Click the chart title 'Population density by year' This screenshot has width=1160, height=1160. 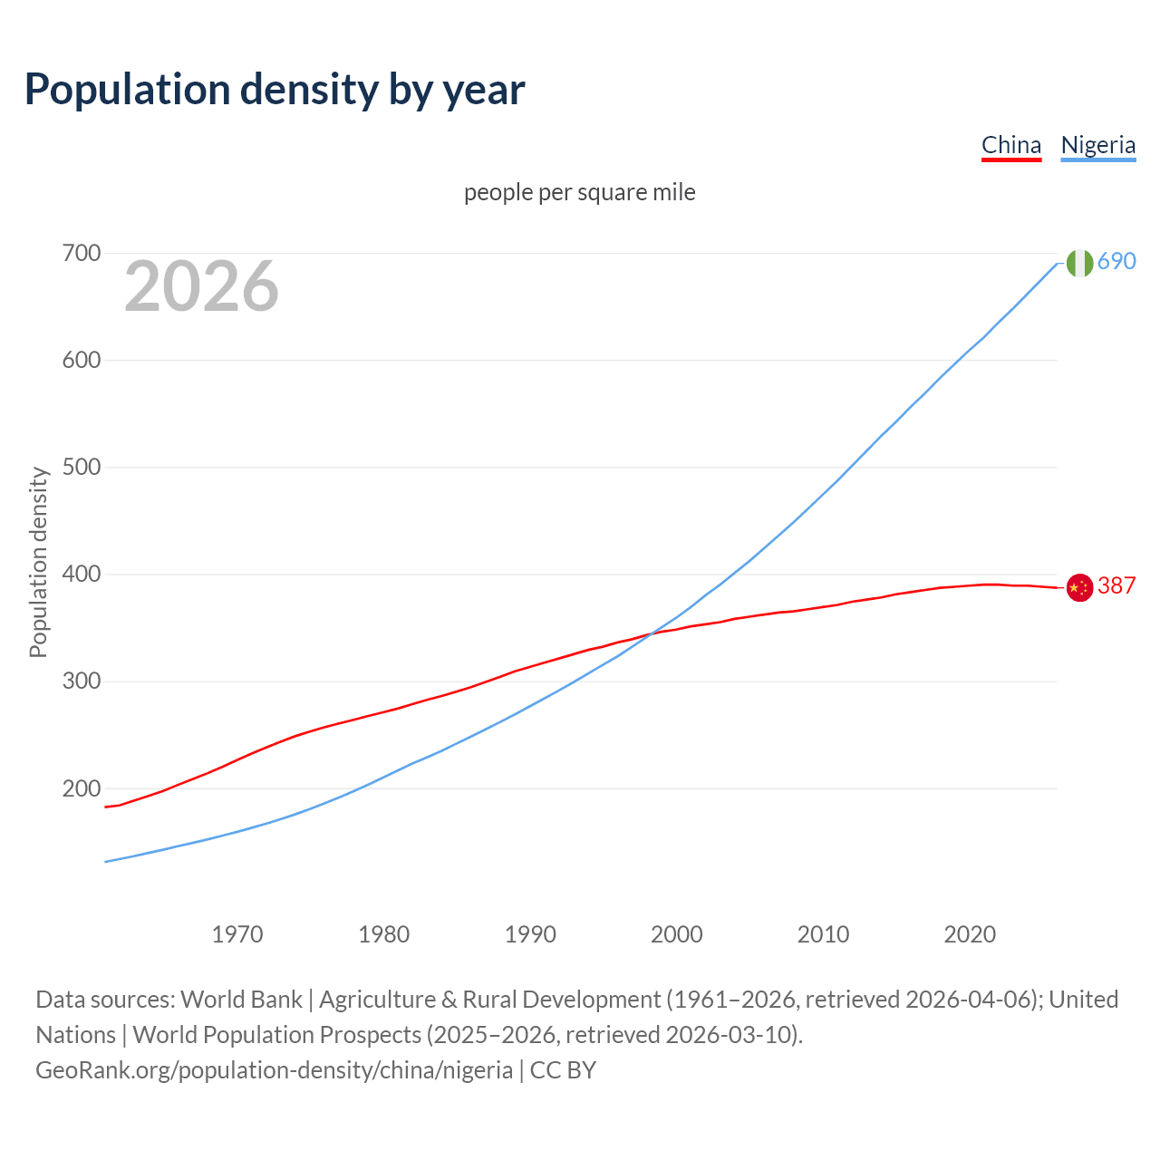(x=275, y=90)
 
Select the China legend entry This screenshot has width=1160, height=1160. (x=1011, y=145)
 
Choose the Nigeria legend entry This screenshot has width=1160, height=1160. (x=1097, y=145)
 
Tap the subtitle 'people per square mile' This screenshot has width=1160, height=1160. (x=579, y=192)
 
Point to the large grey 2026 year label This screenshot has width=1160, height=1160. (x=201, y=286)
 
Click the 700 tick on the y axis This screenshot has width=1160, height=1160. (x=81, y=253)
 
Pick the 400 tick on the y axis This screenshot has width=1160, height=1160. (x=81, y=574)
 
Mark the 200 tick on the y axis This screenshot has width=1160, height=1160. (x=81, y=788)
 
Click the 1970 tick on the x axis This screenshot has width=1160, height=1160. (x=237, y=933)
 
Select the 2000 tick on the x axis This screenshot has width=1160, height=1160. (x=677, y=933)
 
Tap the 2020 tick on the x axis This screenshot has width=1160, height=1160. (x=970, y=933)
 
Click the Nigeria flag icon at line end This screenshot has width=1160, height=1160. (x=1079, y=263)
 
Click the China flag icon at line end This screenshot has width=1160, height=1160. (x=1079, y=588)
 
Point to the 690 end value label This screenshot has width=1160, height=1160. (x=1116, y=261)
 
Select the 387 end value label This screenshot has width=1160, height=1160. (x=1116, y=585)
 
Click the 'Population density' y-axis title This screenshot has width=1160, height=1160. (x=38, y=562)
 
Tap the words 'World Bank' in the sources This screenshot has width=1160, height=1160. (x=241, y=999)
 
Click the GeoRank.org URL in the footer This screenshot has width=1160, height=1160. (x=274, y=1069)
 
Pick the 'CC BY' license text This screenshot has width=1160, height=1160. (x=563, y=1069)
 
